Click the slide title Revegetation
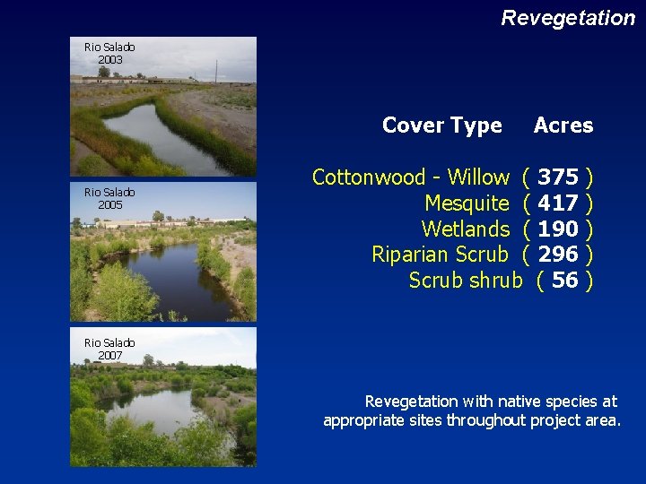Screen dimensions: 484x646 [567, 18]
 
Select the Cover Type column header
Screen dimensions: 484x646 [441, 125]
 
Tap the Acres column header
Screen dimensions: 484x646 [563, 125]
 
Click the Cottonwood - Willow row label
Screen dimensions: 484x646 [410, 177]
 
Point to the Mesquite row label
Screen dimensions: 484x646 [466, 203]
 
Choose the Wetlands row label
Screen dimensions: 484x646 [465, 229]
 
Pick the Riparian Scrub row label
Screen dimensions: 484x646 [440, 255]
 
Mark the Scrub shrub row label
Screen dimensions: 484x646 [465, 281]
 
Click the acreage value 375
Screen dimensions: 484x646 [558, 177]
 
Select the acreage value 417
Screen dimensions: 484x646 [558, 203]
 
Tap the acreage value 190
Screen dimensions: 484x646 [558, 229]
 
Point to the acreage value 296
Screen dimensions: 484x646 [558, 255]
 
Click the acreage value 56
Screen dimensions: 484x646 [564, 281]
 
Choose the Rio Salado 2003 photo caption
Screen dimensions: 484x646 [109, 53]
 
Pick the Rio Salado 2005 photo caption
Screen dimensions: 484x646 [109, 198]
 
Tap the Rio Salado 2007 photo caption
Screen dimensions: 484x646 [109, 349]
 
